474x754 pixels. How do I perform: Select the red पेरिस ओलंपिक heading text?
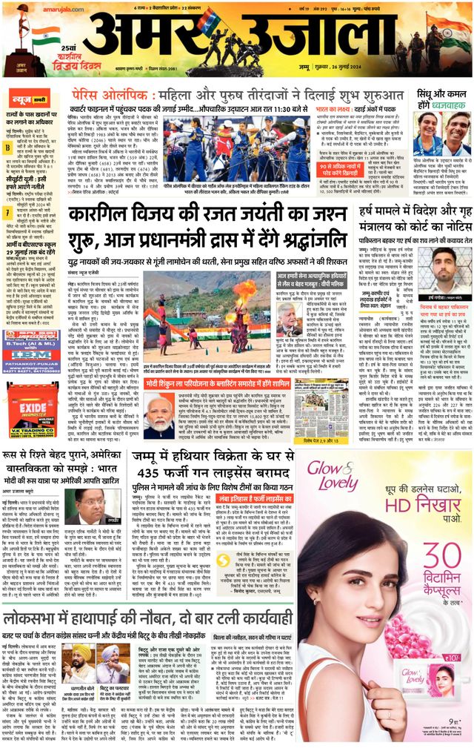pos(102,95)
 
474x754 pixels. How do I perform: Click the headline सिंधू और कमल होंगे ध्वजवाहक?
pos(441,99)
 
